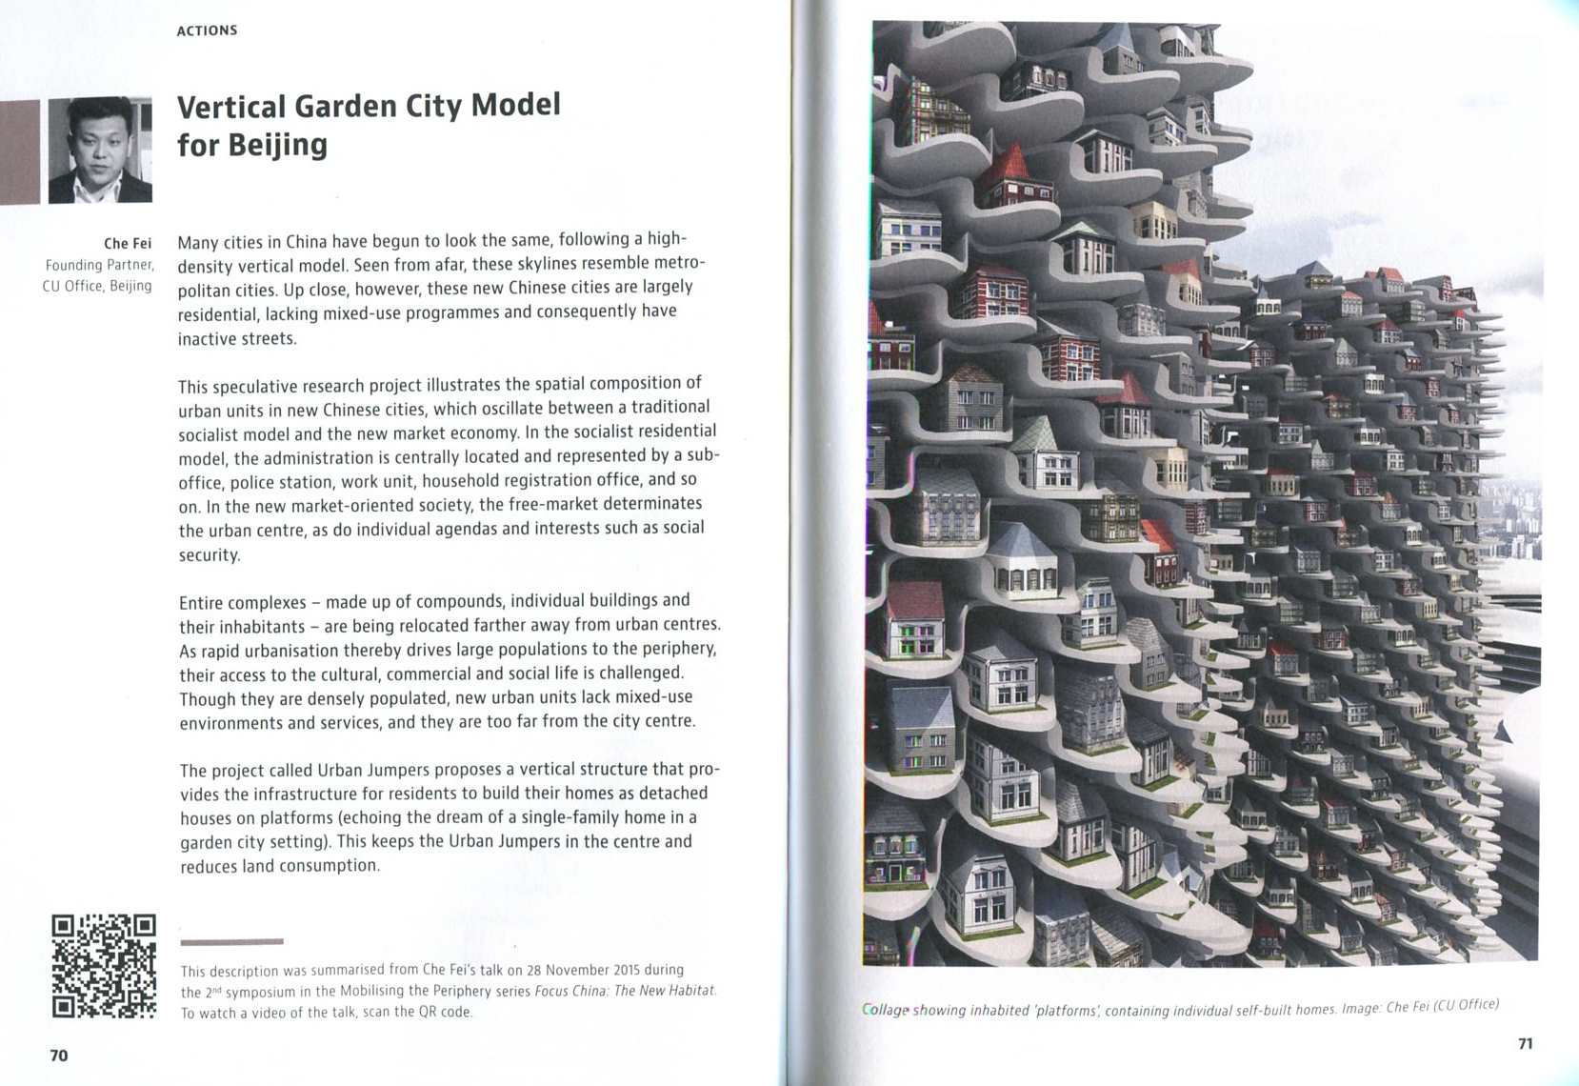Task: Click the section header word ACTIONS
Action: coord(207,30)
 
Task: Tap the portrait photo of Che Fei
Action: coord(100,150)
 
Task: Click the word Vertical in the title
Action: coord(231,106)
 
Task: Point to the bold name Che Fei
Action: coord(128,244)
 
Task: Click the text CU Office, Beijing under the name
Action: coord(97,286)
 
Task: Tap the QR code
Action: coord(103,966)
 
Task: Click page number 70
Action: coord(59,1056)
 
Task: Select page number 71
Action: coord(1525,1044)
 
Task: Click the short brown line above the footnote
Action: coord(231,942)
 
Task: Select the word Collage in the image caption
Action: coord(886,1010)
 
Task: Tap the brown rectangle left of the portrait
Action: coord(19,151)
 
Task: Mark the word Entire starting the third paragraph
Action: coord(202,603)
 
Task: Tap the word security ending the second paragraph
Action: coord(210,554)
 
